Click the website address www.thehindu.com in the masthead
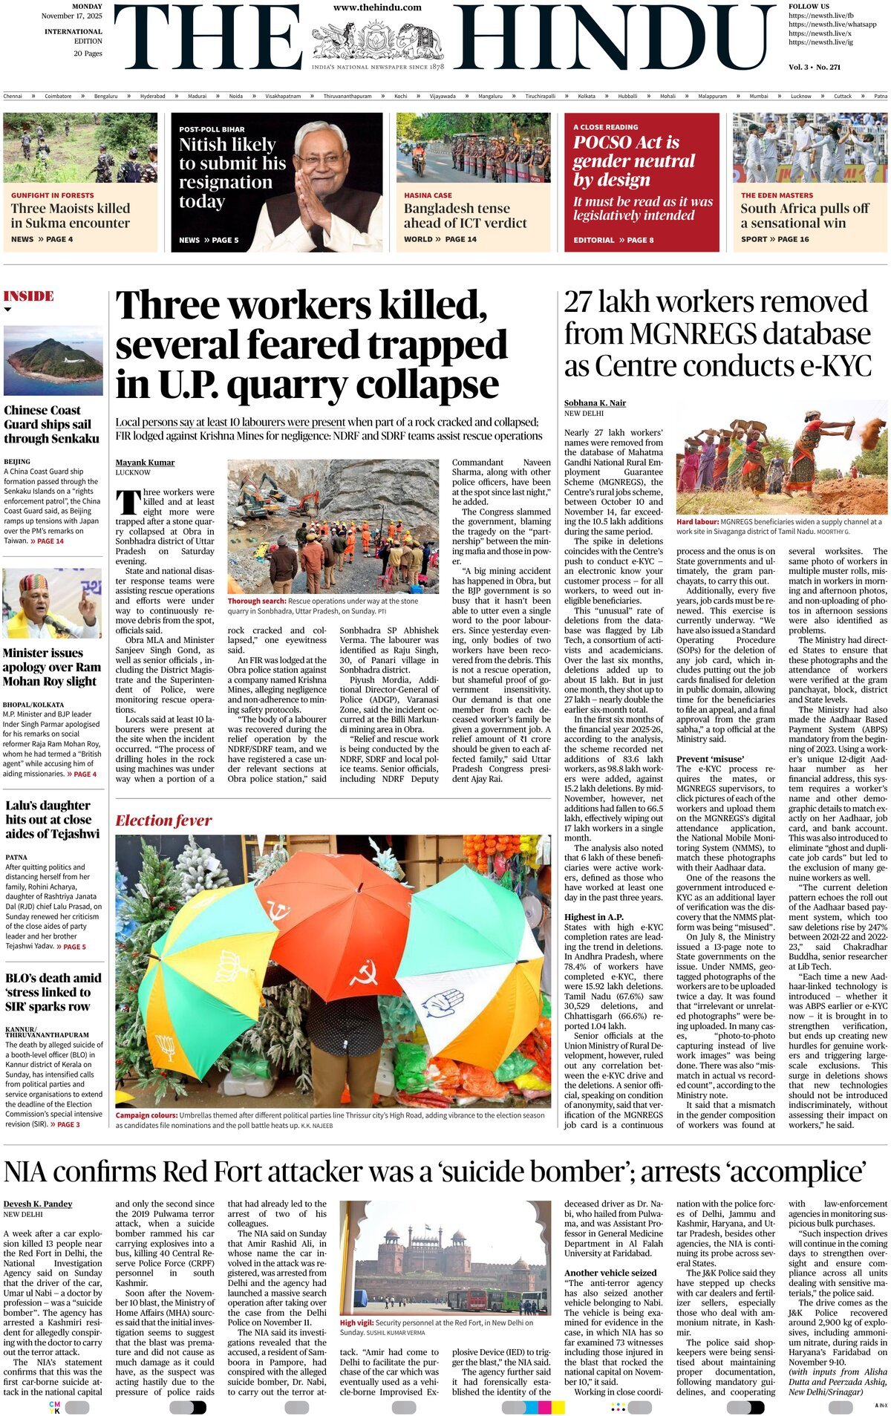tap(377, 7)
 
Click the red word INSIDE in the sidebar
tap(29, 296)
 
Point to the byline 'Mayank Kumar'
tap(145, 463)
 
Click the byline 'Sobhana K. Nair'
tap(595, 403)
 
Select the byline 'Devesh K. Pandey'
tap(38, 1204)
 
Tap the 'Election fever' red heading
tap(163, 820)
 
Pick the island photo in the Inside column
tap(53, 360)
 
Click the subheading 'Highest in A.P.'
tap(593, 917)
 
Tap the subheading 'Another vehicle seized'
tap(610, 1273)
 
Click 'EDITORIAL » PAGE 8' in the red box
tap(613, 240)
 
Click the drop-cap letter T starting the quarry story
tap(128, 502)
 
